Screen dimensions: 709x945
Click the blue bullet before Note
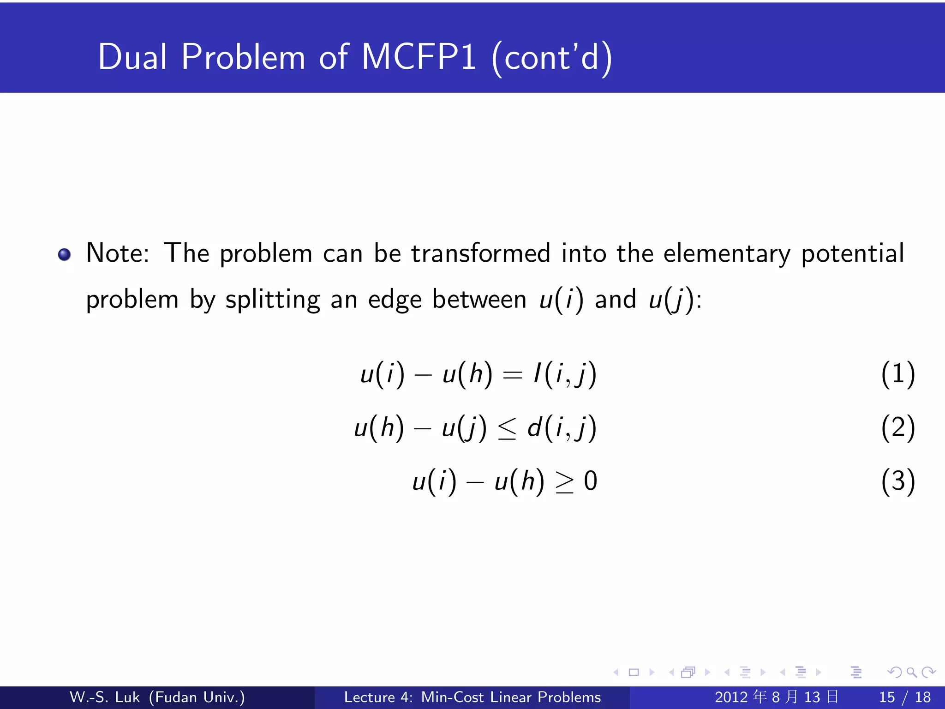coord(64,254)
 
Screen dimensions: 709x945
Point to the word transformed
coord(480,253)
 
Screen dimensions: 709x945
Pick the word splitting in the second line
coord(272,300)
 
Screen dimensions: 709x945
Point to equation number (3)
coord(897,481)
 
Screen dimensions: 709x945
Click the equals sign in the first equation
coord(512,375)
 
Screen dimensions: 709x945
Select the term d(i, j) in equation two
coord(562,427)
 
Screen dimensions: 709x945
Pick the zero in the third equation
coord(591,481)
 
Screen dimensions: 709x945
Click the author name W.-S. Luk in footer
coord(104,697)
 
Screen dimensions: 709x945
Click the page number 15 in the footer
coord(886,697)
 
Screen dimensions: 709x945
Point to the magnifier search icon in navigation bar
coord(911,672)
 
